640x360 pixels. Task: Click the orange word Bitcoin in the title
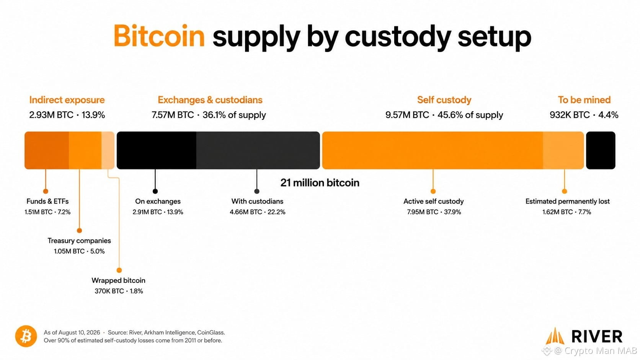tap(159, 36)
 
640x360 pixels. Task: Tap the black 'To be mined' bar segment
tap(601, 150)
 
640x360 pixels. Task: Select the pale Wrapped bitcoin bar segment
tap(108, 150)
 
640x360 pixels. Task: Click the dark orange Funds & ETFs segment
tap(47, 150)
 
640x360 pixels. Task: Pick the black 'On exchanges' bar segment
tap(157, 150)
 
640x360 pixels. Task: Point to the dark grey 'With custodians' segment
tap(258, 150)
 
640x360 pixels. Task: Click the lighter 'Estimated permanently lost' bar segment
tap(563, 150)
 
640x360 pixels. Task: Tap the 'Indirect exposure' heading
tap(67, 100)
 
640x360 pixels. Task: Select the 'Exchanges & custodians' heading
tap(210, 100)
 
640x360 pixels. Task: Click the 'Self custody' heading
tap(444, 100)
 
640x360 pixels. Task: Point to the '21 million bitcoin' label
tap(320, 183)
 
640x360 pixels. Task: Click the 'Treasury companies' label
tap(79, 241)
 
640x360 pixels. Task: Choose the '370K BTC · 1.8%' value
tap(119, 291)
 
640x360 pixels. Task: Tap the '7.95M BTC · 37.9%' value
tap(434, 212)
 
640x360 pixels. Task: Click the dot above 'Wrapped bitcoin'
tap(119, 270)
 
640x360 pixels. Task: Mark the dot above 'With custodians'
tap(257, 191)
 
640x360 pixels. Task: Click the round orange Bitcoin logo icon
tap(26, 336)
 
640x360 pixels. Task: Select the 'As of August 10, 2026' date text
tap(72, 332)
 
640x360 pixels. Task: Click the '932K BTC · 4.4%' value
tap(584, 115)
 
